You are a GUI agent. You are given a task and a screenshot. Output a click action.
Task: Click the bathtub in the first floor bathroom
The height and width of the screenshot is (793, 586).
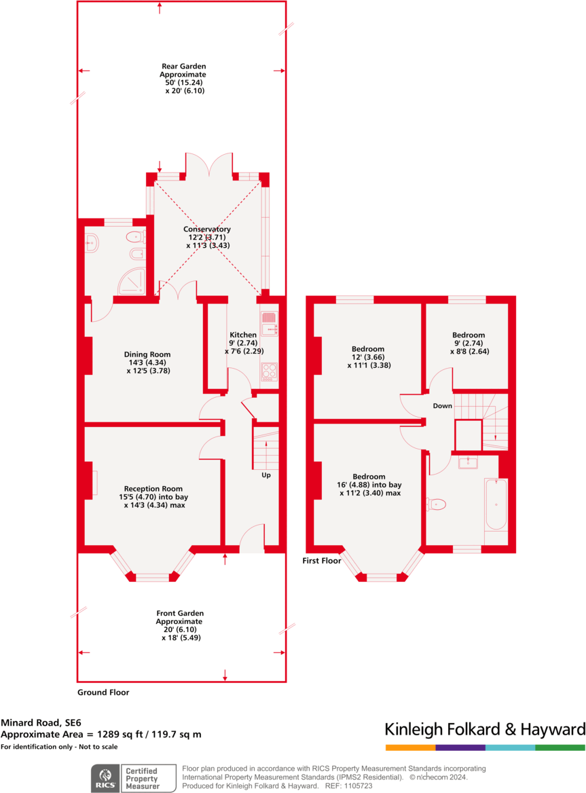pos(496,504)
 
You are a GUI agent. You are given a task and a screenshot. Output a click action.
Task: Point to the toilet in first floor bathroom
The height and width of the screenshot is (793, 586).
pos(437,504)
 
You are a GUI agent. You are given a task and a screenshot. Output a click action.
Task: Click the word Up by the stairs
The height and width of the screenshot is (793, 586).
pos(266,475)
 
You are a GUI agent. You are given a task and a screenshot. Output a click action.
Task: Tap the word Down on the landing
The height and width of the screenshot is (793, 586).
pos(443,406)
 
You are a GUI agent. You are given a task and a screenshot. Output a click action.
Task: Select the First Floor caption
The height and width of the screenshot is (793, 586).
pos(322,561)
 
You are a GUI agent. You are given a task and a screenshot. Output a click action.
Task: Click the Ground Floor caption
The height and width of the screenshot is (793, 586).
pos(103,693)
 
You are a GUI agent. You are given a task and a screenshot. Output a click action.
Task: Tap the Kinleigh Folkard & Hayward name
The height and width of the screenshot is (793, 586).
pos(485,730)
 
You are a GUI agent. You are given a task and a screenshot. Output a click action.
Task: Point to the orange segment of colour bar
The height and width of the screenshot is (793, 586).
pos(410,748)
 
